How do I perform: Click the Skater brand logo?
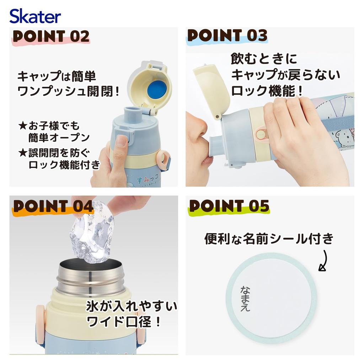(x=35, y=16)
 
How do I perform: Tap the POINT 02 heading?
(x=51, y=36)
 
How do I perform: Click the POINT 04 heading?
(x=53, y=206)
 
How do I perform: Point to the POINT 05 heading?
(x=229, y=206)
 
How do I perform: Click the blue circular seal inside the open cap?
(x=156, y=90)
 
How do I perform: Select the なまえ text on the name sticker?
(x=245, y=298)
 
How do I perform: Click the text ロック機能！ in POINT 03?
(x=267, y=91)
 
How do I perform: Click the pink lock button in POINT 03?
(x=261, y=135)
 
